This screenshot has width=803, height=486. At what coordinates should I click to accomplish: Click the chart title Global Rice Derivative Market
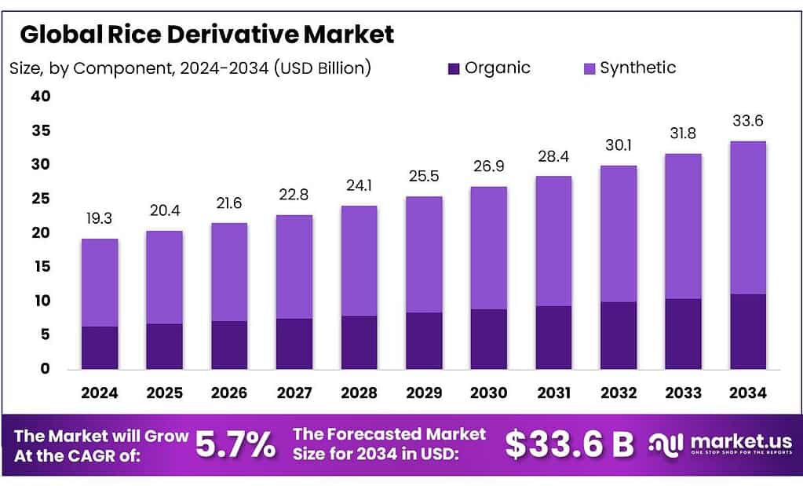tap(206, 35)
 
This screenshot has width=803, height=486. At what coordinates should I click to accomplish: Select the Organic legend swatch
tap(454, 68)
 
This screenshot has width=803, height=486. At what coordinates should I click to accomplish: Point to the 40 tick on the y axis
tap(40, 97)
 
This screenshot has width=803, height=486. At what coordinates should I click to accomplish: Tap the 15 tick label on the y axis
tap(40, 267)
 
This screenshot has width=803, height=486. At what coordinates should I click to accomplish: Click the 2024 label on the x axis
tap(100, 393)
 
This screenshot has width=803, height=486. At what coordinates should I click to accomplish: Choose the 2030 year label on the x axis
tap(489, 393)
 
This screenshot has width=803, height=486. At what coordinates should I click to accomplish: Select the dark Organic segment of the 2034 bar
tap(747, 331)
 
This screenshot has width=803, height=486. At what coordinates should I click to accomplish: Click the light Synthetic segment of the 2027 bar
tap(294, 266)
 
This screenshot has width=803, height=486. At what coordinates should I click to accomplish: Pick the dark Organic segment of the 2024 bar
tap(100, 347)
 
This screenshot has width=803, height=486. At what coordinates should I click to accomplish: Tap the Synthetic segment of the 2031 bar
tap(553, 240)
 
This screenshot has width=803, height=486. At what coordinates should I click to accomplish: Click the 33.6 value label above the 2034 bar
tap(747, 121)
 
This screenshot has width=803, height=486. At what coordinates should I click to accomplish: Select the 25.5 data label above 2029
tap(424, 177)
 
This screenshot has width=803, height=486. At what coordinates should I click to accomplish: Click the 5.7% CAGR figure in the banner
tap(235, 444)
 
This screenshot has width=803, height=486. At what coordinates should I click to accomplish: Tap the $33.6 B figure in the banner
tap(569, 444)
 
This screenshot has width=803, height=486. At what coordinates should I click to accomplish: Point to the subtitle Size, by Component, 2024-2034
tap(189, 68)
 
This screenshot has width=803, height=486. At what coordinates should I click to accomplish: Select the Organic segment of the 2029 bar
tap(424, 340)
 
